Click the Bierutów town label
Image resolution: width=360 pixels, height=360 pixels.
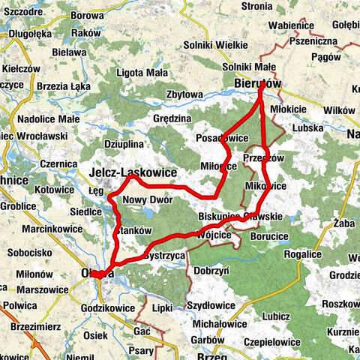pyautogui.click(x=256, y=84)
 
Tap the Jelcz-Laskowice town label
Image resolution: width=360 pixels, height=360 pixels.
pyautogui.click(x=132, y=172)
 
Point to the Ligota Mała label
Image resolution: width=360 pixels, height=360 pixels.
pyautogui.click(x=142, y=73)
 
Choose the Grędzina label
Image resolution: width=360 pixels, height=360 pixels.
pyautogui.click(x=172, y=118)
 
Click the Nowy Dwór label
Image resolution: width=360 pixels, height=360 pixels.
pyautogui.click(x=148, y=199)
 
